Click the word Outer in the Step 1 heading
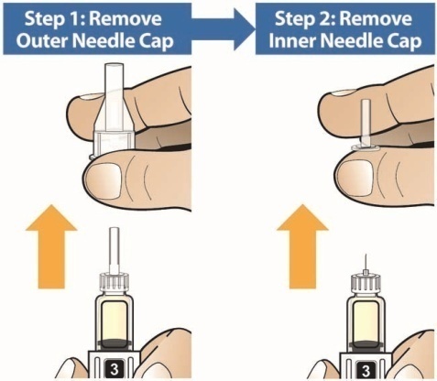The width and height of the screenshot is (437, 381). (x=42, y=41)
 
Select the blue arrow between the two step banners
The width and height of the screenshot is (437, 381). (x=224, y=28)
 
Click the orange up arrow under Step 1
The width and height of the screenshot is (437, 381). (x=51, y=246)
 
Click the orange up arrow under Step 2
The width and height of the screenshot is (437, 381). (x=302, y=246)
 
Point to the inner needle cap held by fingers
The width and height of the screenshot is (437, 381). (x=366, y=126)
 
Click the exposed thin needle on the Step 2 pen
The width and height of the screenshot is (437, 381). (x=366, y=262)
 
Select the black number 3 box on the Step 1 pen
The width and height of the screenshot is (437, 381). (x=115, y=369)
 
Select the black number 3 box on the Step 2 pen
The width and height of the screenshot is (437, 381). (x=366, y=370)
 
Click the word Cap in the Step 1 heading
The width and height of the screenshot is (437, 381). (x=157, y=42)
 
